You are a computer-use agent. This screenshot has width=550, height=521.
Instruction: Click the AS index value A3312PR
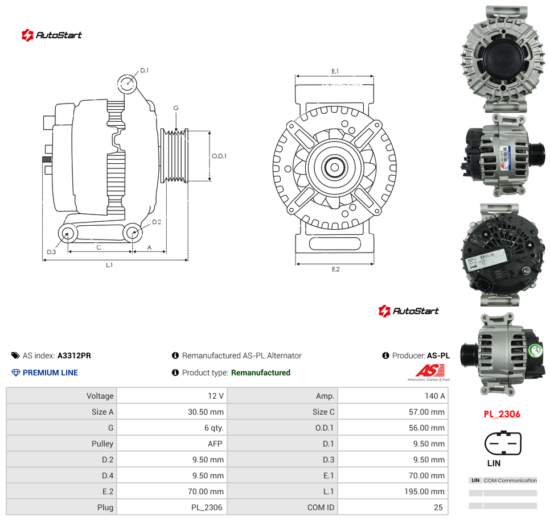tap(74, 355)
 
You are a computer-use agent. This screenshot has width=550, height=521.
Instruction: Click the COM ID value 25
tap(438, 507)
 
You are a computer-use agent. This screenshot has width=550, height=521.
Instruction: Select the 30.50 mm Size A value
tap(206, 412)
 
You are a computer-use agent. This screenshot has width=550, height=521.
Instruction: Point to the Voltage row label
tap(100, 396)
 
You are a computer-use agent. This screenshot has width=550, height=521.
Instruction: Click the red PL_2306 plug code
tap(502, 414)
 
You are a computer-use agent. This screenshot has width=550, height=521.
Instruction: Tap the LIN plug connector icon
tap(503, 443)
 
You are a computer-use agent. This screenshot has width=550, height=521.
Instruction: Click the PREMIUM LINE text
tap(50, 373)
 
